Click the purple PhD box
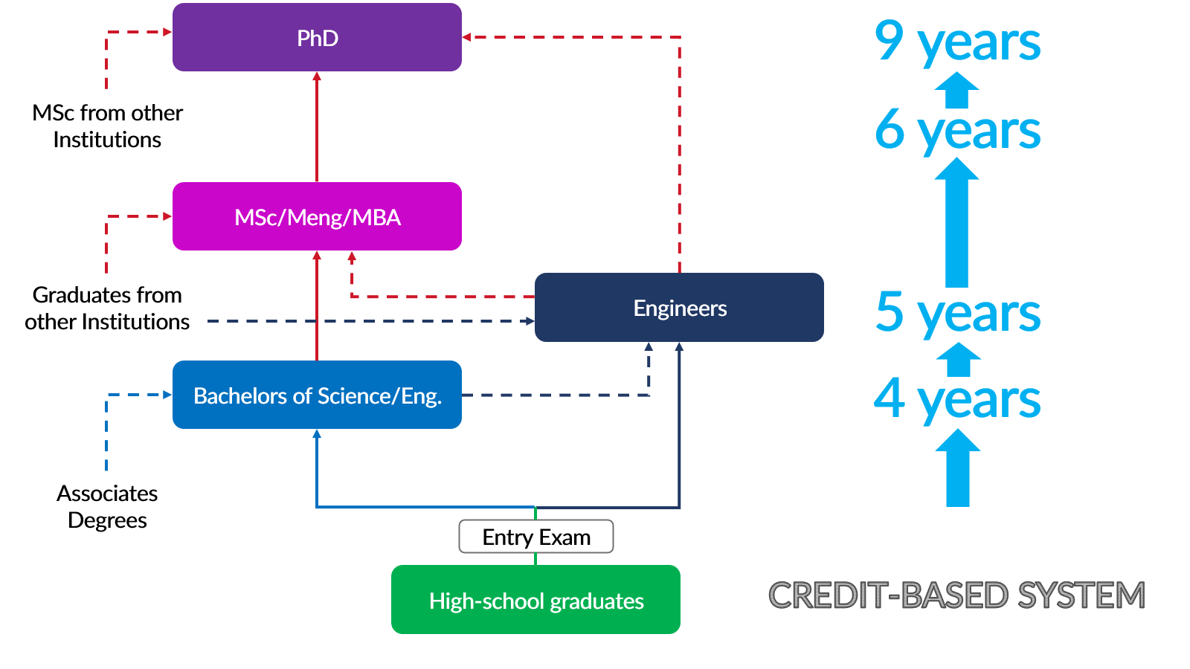coord(317,37)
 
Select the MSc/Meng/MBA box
coord(317,216)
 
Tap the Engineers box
coord(679,308)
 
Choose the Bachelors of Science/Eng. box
coord(317,395)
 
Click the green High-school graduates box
coord(535,600)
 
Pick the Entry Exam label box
coord(536,537)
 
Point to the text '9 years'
coord(957,42)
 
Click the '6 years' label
coord(957,130)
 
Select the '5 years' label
coord(957,313)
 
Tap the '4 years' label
coord(957,399)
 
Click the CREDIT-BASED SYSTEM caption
coord(956,595)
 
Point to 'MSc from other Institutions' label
coord(107,126)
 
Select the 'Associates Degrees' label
coord(107,506)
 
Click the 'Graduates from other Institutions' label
coord(107,308)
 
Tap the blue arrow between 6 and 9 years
coord(956,91)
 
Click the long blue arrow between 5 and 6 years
coord(956,223)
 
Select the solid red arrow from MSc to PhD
coord(317,126)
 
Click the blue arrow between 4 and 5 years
coord(958,360)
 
